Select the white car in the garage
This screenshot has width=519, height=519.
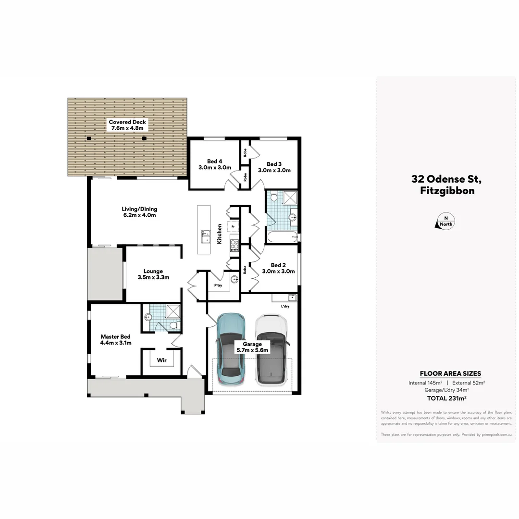pos(271,349)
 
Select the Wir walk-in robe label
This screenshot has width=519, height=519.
pos(161,360)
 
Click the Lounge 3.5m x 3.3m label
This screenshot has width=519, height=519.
pos(153,274)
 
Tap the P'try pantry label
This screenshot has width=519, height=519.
pos(218,285)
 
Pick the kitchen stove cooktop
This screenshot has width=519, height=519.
pos(235,246)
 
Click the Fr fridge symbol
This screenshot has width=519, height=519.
pos(233,226)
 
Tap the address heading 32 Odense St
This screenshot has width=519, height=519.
pos(445,179)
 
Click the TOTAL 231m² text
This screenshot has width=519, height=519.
pos(446,398)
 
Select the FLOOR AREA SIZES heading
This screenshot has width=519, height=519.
pos(450,373)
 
